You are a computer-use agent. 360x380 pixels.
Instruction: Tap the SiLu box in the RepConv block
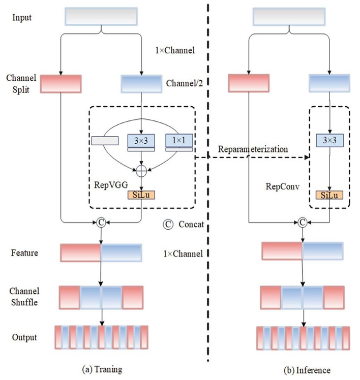point(329,195)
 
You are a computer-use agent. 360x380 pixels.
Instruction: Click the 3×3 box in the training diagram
point(140,140)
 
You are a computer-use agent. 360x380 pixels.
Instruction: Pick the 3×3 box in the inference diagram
point(329,140)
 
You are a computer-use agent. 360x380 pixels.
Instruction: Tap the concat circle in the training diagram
point(102,222)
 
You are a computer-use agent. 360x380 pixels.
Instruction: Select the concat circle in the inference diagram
point(303,222)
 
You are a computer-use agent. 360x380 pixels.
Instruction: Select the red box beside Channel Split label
point(61,83)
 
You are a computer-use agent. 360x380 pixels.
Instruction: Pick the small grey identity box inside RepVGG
point(105,140)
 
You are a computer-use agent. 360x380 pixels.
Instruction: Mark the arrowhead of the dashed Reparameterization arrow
point(307,157)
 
